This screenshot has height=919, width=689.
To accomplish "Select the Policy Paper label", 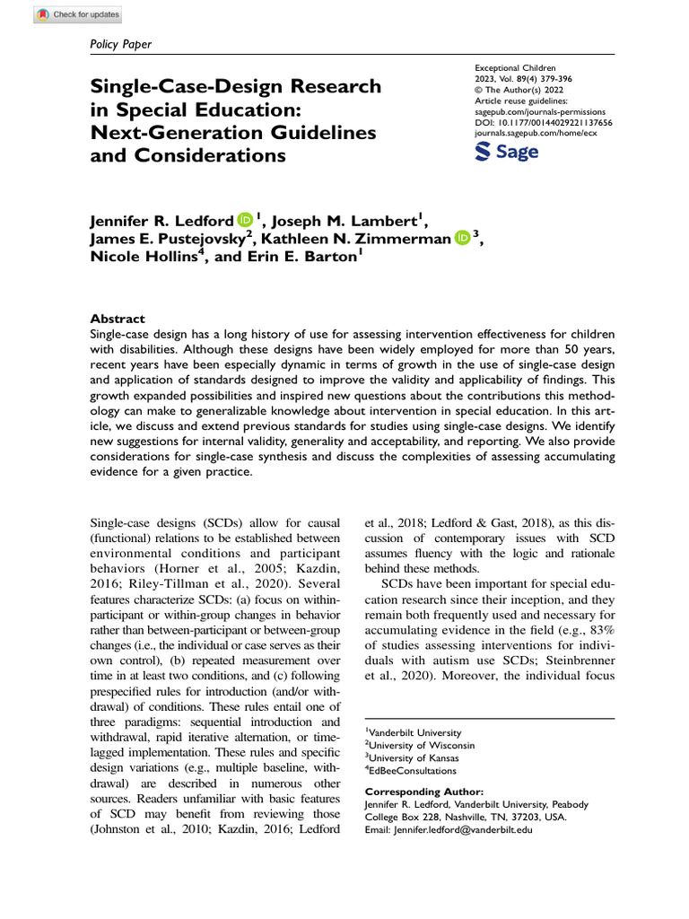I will [122, 44].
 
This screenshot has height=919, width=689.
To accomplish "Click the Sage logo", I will [507, 152].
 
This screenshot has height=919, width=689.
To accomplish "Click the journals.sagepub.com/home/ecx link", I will [535, 132].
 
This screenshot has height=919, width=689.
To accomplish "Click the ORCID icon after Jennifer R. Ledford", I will [245, 219].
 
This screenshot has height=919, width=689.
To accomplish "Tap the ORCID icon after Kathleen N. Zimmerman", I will [462, 238].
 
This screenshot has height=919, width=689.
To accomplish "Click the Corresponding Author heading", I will [423, 792].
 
